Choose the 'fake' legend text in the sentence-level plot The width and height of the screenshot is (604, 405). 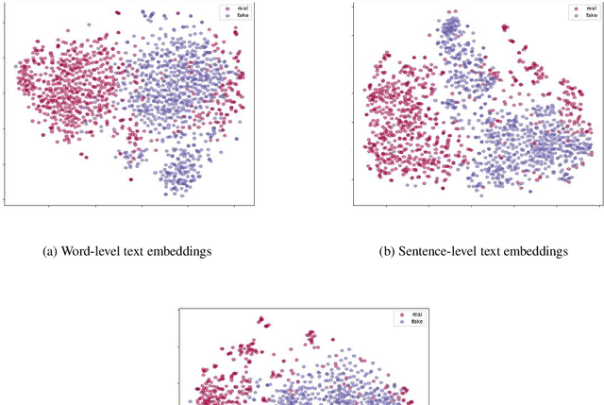pos(591,16)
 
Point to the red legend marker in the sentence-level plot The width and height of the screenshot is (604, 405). pos(575,8)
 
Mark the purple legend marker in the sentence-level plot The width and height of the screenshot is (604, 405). pos(575,16)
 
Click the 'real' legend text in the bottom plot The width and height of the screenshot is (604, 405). pos(416,313)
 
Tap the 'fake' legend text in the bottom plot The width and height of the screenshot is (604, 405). pos(416,321)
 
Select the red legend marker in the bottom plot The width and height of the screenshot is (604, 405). pos(400,313)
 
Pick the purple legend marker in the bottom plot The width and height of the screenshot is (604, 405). pos(400,321)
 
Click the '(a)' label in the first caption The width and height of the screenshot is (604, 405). pos(50,251)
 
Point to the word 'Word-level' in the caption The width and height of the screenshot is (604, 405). pos(92,251)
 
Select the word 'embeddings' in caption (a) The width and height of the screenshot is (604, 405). pos(180,251)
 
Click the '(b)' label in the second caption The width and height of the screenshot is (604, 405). pos(387,251)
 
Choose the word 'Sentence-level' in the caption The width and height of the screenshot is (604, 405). pos(438,251)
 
